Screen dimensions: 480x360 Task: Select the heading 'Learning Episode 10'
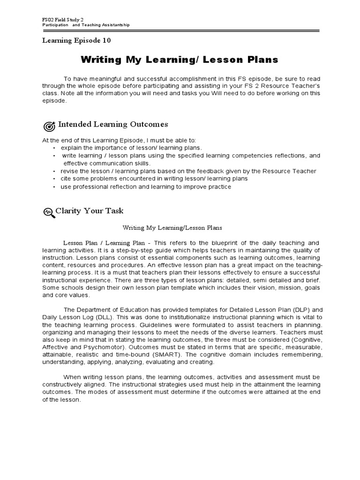[76, 41]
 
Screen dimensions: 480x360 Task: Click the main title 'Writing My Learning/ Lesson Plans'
[180, 60]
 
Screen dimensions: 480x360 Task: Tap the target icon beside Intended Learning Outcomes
[49, 126]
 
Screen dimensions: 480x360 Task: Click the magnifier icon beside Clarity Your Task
[48, 212]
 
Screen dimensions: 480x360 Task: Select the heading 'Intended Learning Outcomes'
[112, 124]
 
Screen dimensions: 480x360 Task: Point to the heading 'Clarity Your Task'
[90, 211]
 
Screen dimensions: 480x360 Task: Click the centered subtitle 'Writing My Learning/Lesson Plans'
[172, 228]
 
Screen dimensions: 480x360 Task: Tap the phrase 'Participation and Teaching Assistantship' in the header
[86, 25]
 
